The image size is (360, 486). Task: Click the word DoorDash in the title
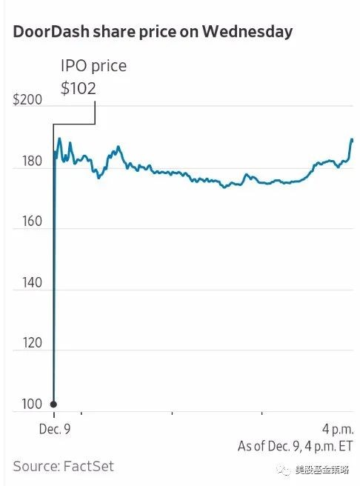51,32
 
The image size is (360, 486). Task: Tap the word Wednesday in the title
247,33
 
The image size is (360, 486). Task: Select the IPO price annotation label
93,66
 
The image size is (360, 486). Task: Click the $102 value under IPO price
79,88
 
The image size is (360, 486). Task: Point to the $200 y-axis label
27,100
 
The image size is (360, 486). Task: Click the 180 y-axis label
32,162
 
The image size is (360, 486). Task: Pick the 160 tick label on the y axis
32,222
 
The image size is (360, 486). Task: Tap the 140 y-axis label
32,283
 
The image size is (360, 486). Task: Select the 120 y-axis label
32,343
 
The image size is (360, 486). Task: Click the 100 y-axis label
32,405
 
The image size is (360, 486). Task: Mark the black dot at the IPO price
53,405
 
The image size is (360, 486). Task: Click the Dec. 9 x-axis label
55,429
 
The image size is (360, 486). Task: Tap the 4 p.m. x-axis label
338,430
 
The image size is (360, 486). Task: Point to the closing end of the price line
353,140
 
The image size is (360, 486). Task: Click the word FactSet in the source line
89,467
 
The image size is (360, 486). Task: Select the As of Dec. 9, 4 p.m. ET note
296,447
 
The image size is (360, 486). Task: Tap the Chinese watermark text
322,470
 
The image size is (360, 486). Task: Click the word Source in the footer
36,467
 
